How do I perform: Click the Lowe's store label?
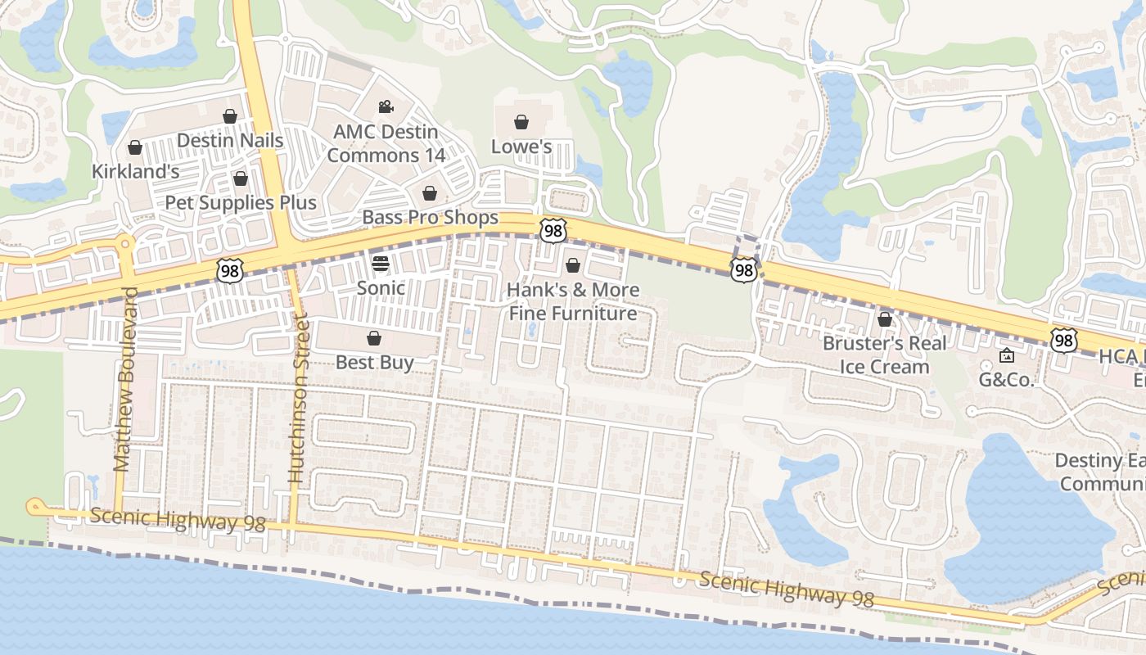pyautogui.click(x=521, y=147)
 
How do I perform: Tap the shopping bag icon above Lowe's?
pyautogui.click(x=521, y=123)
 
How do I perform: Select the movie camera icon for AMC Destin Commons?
pyautogui.click(x=386, y=107)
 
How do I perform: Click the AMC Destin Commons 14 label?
pyautogui.click(x=386, y=143)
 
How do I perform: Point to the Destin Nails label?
pyautogui.click(x=230, y=141)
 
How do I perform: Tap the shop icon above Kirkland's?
pyautogui.click(x=135, y=147)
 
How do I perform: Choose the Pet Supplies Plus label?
pyautogui.click(x=241, y=202)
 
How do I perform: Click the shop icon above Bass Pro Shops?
pyautogui.click(x=429, y=193)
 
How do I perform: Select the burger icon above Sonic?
pyautogui.click(x=381, y=264)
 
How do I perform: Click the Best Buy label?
pyautogui.click(x=374, y=362)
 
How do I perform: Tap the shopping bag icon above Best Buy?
pyautogui.click(x=374, y=338)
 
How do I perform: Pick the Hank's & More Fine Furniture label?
pyautogui.click(x=573, y=301)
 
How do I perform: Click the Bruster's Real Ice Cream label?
pyautogui.click(x=884, y=355)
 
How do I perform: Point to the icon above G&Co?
pyautogui.click(x=1007, y=355)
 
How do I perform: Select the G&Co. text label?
pyautogui.click(x=1007, y=380)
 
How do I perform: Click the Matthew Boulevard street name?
pyautogui.click(x=123, y=379)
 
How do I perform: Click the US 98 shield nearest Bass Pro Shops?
pyautogui.click(x=553, y=231)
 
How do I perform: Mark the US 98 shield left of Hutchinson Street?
pyautogui.click(x=230, y=270)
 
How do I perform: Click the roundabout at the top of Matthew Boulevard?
pyautogui.click(x=124, y=243)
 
